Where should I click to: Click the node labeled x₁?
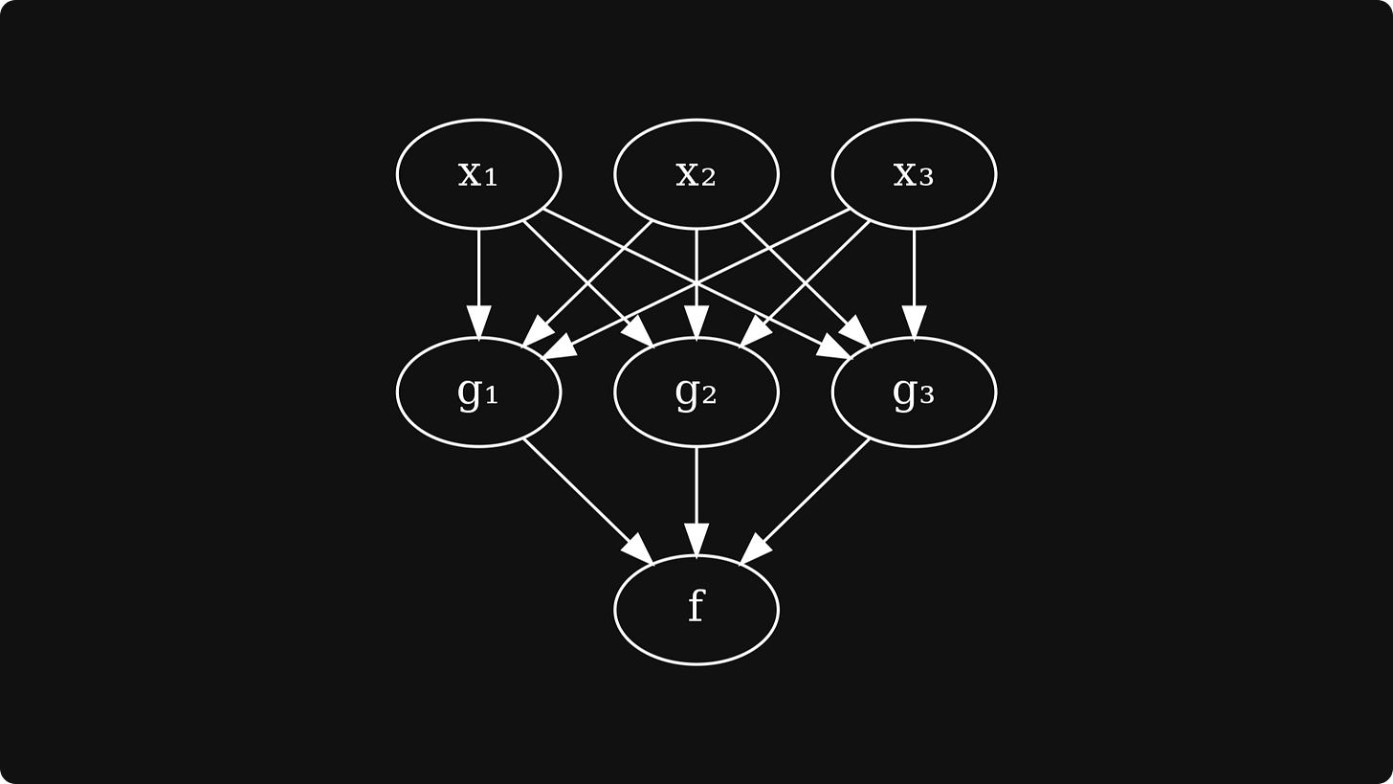point(478,174)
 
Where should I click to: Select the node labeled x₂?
point(696,174)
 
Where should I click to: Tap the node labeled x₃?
point(914,174)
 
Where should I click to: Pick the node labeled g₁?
point(478,392)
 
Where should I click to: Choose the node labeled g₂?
point(696,392)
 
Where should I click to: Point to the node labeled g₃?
point(914,392)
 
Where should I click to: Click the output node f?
point(696,609)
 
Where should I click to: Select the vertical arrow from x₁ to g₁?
point(478,268)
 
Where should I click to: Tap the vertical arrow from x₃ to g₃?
point(914,268)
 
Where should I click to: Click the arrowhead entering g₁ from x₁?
point(478,323)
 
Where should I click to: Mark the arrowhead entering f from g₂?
point(696,540)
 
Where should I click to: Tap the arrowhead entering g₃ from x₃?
point(914,323)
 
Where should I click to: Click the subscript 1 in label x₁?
point(491,178)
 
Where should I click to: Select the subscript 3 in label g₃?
point(926,395)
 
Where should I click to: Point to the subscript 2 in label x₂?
point(708,178)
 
